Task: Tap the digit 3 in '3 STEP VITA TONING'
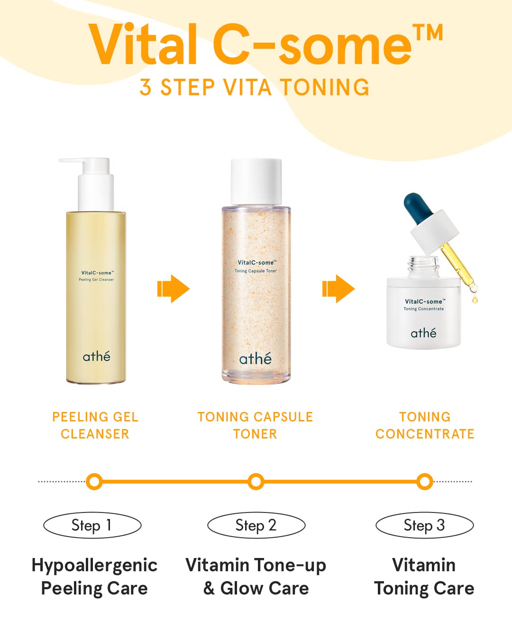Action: pyautogui.click(x=145, y=87)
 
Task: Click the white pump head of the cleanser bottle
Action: pyautogui.click(x=89, y=184)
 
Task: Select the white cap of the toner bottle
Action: pyautogui.click(x=256, y=182)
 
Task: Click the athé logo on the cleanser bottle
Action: pyautogui.click(x=96, y=356)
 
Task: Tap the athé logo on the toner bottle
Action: pyautogui.click(x=255, y=358)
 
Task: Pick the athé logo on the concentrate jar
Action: pyautogui.click(x=423, y=333)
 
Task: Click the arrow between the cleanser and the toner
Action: pyautogui.click(x=173, y=289)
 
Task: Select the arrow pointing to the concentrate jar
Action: pyautogui.click(x=338, y=289)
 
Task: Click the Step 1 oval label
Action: pyautogui.click(x=92, y=525)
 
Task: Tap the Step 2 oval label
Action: pyautogui.click(x=256, y=525)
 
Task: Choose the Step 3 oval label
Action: pyautogui.click(x=425, y=525)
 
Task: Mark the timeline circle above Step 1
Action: pyautogui.click(x=94, y=482)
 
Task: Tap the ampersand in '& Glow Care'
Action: pyautogui.click(x=209, y=588)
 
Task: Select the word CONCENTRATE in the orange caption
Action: pyautogui.click(x=425, y=434)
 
